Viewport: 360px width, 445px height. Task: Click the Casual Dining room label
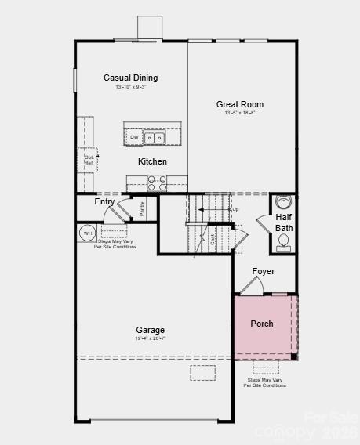pyautogui.click(x=130, y=78)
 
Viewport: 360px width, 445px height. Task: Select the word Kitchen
pyautogui.click(x=152, y=161)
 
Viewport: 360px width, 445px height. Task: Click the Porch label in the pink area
pyautogui.click(x=262, y=324)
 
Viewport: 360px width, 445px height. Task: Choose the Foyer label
pyautogui.click(x=264, y=272)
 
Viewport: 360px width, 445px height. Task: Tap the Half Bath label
pyautogui.click(x=284, y=222)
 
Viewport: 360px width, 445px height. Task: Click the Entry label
pyautogui.click(x=104, y=202)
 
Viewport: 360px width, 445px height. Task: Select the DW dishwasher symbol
pyautogui.click(x=134, y=138)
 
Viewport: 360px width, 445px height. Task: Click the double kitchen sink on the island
pyautogui.click(x=154, y=138)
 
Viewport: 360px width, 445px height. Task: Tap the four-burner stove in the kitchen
pyautogui.click(x=157, y=183)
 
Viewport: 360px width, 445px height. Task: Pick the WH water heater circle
pyautogui.click(x=87, y=233)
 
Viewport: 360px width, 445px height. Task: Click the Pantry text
pyautogui.click(x=142, y=208)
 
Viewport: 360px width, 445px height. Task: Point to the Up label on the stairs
pyautogui.click(x=235, y=209)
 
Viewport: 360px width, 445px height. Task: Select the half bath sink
pyautogui.click(x=283, y=203)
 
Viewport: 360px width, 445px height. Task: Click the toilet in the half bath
pyautogui.click(x=283, y=241)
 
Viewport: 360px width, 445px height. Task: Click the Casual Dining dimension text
pyautogui.click(x=130, y=86)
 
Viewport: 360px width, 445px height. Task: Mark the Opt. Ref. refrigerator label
pyautogui.click(x=89, y=159)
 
